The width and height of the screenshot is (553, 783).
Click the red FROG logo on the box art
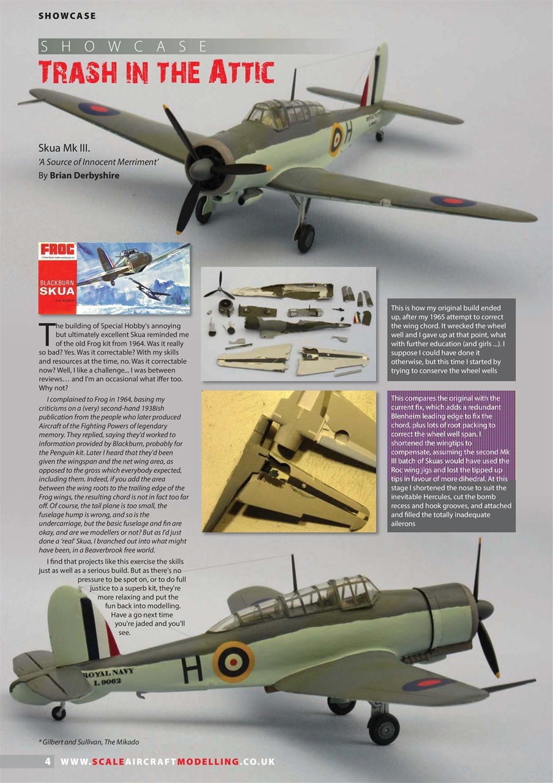pyautogui.click(x=58, y=250)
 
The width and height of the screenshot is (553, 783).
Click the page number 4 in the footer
pyautogui.click(x=47, y=762)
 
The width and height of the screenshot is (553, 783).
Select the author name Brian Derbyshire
pyautogui.click(x=84, y=176)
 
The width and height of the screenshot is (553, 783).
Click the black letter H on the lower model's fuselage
pyautogui.click(x=191, y=671)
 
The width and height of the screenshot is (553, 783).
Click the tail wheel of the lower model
pyautogui.click(x=59, y=711)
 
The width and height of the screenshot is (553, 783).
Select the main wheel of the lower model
pyautogui.click(x=384, y=729)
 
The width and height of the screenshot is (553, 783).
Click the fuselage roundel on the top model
pyautogui.click(x=336, y=139)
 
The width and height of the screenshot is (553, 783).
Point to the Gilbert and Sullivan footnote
pyautogui.click(x=88, y=742)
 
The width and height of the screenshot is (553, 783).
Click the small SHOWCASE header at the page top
pyautogui.click(x=67, y=15)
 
